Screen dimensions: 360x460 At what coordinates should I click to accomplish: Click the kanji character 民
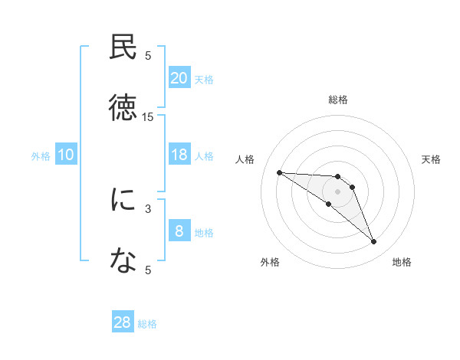[123, 47]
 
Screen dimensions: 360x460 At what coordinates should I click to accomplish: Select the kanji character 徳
[123, 108]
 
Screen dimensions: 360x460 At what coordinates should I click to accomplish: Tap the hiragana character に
[123, 200]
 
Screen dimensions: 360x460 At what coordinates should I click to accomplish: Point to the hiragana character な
[123, 261]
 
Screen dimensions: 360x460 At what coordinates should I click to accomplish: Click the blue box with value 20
[179, 78]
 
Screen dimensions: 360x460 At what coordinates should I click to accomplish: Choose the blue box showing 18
[179, 155]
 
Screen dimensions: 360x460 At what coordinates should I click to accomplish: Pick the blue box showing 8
[179, 231]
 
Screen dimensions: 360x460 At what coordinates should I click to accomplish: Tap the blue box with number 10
[66, 155]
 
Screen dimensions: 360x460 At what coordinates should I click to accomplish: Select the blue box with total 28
[122, 322]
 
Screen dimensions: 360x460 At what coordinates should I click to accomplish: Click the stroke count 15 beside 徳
[148, 116]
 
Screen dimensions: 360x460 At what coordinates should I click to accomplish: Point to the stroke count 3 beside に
[148, 208]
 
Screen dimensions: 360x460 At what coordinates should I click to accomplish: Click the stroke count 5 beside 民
[148, 55]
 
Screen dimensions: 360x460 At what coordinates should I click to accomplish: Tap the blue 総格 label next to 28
[147, 324]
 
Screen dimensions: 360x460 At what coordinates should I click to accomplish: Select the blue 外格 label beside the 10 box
[41, 156]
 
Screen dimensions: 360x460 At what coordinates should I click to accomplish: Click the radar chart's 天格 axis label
[432, 159]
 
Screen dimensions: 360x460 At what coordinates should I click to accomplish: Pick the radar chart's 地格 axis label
[402, 262]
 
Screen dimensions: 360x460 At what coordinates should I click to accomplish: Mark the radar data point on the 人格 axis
[279, 172]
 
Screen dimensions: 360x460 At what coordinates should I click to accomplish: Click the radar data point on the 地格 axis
[373, 241]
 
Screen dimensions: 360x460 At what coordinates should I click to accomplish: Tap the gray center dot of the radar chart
[337, 191]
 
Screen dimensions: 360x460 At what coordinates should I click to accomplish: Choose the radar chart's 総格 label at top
[338, 100]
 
